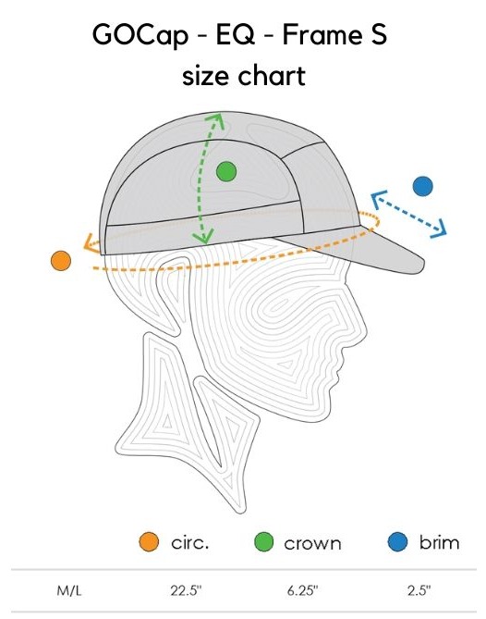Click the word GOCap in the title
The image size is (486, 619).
click(140, 35)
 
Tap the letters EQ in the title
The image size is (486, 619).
click(235, 34)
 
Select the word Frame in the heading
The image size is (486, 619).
click(319, 34)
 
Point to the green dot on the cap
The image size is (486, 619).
click(226, 172)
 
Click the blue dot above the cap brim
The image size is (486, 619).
click(422, 186)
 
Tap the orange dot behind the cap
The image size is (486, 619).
click(61, 261)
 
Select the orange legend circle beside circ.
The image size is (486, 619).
click(149, 541)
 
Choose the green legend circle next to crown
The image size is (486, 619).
click(263, 541)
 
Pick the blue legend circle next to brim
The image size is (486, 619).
click(397, 541)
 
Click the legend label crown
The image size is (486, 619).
click(312, 544)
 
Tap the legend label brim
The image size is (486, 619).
click(439, 542)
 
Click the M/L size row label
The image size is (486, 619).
click(69, 591)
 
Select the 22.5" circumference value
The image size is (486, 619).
click(186, 590)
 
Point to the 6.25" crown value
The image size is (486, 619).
click(302, 590)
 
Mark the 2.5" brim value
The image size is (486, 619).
click(419, 590)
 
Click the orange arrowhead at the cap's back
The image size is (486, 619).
click(89, 242)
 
